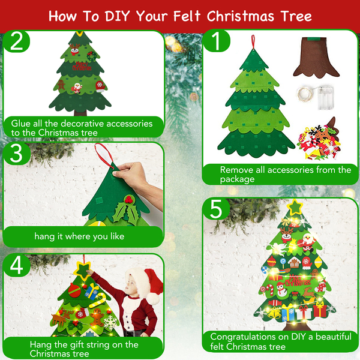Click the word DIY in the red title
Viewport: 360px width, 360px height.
click(x=118, y=16)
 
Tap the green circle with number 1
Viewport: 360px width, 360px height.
click(x=216, y=41)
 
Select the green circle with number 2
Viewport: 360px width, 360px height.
click(x=17, y=41)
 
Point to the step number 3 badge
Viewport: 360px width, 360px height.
click(x=17, y=154)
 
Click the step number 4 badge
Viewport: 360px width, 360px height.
click(x=17, y=265)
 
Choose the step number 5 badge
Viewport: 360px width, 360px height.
click(x=216, y=209)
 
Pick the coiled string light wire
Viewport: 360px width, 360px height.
click(x=305, y=94)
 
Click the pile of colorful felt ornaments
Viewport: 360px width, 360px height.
click(x=319, y=140)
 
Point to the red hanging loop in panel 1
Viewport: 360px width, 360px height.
click(x=253, y=42)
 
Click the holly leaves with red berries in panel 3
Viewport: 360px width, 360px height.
click(x=126, y=209)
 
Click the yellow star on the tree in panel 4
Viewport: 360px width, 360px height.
click(x=82, y=271)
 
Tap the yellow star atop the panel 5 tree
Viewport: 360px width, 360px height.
click(x=295, y=207)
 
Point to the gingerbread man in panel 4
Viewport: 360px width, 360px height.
click(x=98, y=317)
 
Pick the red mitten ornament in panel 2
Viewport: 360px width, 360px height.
click(x=100, y=86)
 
